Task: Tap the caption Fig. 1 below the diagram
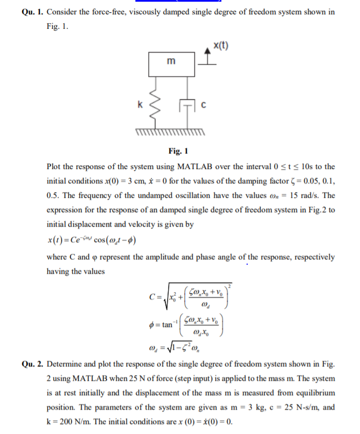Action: [x=178, y=151]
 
